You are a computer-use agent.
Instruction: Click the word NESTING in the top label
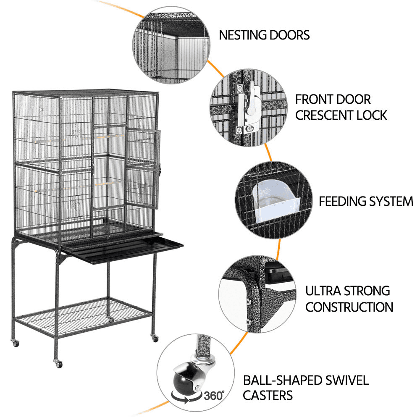243,35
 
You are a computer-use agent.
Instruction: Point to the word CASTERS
268,395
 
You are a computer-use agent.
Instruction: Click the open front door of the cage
143,168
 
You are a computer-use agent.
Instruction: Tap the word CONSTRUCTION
349,307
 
